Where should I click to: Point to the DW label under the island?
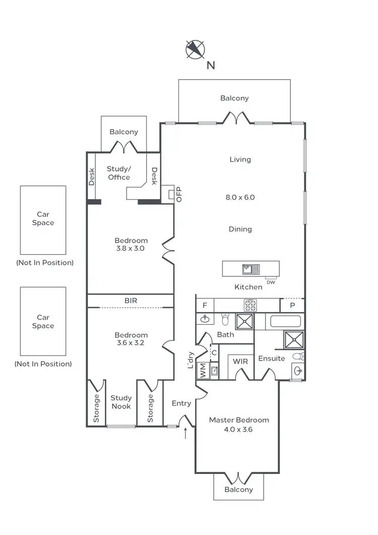pyautogui.click(x=271, y=282)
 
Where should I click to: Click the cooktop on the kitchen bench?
pyautogui.click(x=250, y=305)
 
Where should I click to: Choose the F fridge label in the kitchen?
pyautogui.click(x=204, y=305)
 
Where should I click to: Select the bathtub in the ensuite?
pyautogui.click(x=286, y=321)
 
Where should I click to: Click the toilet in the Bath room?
pyautogui.click(x=225, y=319)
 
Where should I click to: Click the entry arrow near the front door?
pyautogui.click(x=186, y=432)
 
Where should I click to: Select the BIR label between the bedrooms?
pyautogui.click(x=131, y=301)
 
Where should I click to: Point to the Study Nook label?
pyautogui.click(x=121, y=402)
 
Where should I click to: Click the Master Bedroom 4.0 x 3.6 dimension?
pyautogui.click(x=239, y=430)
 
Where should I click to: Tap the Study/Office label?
pyautogui.click(x=119, y=173)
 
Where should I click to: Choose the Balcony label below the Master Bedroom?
pyautogui.click(x=238, y=489)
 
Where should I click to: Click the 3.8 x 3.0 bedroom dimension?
pyautogui.click(x=131, y=248)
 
